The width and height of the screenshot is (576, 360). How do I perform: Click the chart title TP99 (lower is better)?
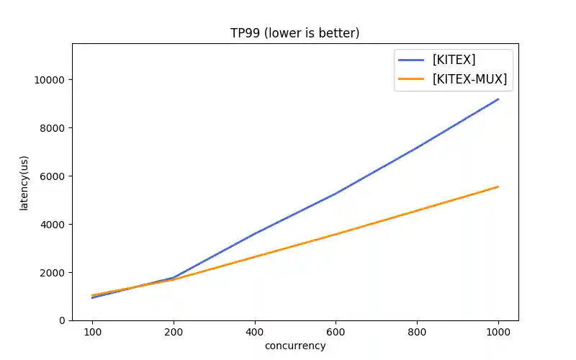[294, 33]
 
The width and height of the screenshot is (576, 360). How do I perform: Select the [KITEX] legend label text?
[454, 60]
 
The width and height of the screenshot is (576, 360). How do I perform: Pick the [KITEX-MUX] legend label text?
[469, 79]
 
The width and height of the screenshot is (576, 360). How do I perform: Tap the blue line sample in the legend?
[413, 60]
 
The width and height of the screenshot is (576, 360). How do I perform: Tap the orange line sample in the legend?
[413, 79]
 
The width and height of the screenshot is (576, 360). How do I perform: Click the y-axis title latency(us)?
[24, 181]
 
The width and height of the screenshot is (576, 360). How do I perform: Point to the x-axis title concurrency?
[295, 346]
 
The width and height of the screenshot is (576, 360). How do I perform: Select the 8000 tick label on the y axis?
[52, 128]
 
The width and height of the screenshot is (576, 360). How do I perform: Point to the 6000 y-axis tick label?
[52, 176]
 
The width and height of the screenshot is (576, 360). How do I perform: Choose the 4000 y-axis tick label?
[52, 225]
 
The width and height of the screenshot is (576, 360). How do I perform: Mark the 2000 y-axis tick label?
[52, 273]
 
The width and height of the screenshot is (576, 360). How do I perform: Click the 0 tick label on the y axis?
[61, 320]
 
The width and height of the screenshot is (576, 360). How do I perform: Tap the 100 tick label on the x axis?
[92, 332]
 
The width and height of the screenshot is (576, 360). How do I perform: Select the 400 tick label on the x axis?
[255, 332]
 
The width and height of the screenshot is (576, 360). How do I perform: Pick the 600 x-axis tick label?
[336, 332]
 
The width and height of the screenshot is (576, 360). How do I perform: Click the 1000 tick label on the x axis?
[498, 332]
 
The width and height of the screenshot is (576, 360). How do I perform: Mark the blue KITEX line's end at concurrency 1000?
[498, 99]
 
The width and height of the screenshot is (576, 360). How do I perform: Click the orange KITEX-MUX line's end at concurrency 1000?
[498, 186]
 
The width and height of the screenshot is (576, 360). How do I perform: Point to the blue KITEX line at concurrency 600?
[336, 193]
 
